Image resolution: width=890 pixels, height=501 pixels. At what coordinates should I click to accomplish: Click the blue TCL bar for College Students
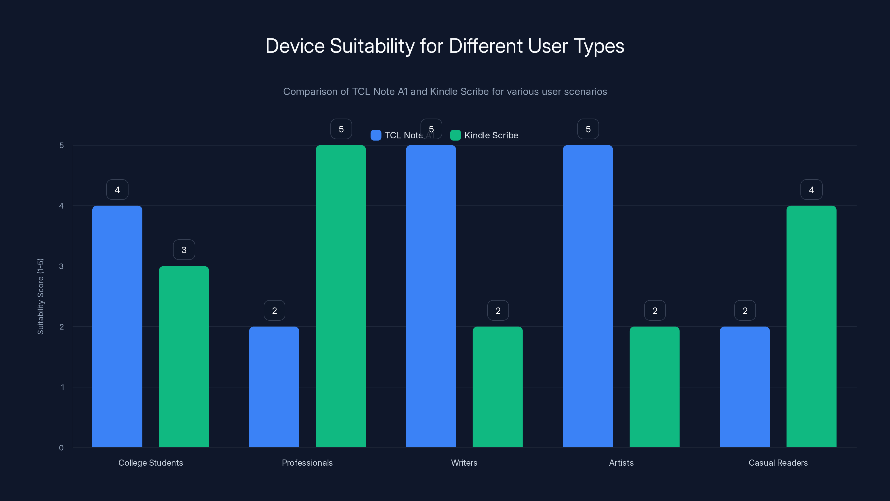tap(117, 326)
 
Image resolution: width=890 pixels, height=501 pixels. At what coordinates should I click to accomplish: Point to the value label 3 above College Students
tap(184, 250)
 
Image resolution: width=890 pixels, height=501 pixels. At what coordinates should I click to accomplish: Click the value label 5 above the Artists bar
tap(588, 129)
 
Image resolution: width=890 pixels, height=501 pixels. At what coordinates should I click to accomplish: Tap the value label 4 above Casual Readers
tap(811, 190)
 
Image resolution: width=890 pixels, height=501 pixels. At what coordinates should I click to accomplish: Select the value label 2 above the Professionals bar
tap(274, 311)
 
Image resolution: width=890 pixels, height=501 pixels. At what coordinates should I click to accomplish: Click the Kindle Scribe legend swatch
tap(455, 135)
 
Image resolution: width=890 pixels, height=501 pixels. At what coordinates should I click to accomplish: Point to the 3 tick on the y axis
tap(61, 266)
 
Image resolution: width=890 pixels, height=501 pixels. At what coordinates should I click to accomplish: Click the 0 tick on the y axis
tap(61, 448)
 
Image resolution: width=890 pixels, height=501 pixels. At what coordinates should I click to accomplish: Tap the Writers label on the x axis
tap(464, 463)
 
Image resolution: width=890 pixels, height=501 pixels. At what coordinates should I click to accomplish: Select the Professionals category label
tap(307, 463)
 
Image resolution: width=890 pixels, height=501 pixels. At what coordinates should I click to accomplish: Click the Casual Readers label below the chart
tap(778, 463)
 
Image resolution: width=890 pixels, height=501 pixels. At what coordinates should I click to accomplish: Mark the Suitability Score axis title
tap(40, 296)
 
